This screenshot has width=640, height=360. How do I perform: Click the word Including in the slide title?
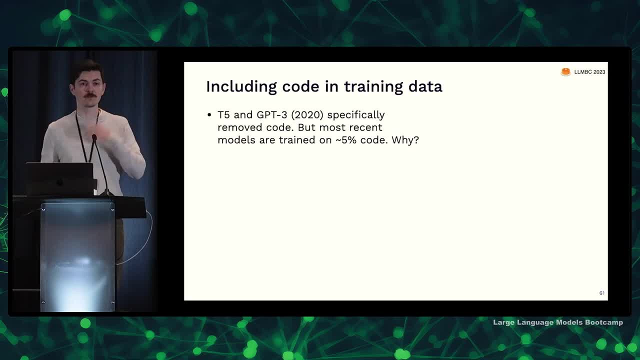[x=241, y=87]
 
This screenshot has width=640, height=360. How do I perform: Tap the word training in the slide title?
[x=373, y=87]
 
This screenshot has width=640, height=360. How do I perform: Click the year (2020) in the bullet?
[x=307, y=115]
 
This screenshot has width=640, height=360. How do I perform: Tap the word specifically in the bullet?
[x=356, y=115]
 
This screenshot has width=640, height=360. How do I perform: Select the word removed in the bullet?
[x=240, y=127]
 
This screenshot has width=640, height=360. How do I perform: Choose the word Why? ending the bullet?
[x=405, y=140]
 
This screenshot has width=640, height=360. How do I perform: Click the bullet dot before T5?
[x=209, y=115]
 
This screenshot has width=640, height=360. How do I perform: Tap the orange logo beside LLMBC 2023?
[x=565, y=72]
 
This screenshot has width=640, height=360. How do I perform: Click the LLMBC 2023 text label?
[x=589, y=72]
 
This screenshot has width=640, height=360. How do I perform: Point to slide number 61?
[x=601, y=293]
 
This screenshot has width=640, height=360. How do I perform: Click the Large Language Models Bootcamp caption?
[x=558, y=322]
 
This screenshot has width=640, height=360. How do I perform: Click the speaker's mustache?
[x=90, y=95]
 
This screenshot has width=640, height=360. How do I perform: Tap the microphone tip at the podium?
[x=94, y=137]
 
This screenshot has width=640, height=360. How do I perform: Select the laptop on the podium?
[x=59, y=179]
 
